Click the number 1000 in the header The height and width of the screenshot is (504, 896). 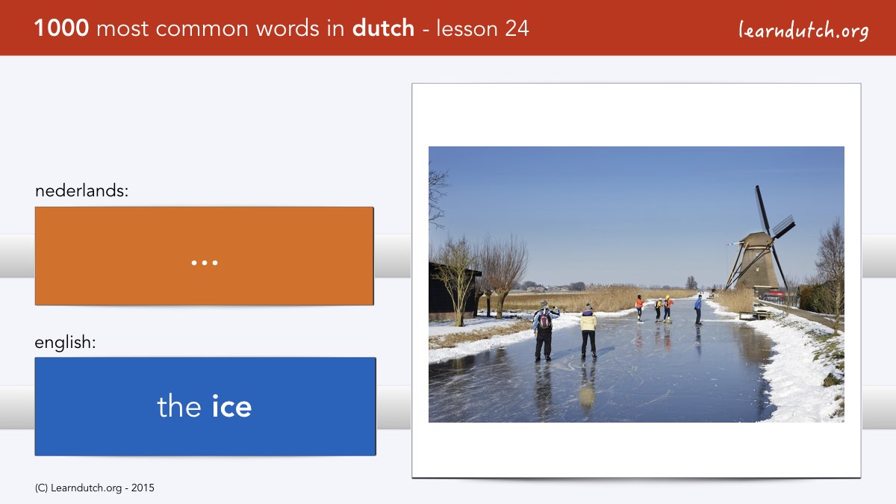(61, 28)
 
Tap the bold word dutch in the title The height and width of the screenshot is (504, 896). (383, 28)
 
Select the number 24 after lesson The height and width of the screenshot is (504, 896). (517, 28)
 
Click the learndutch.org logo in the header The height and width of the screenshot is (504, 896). (803, 31)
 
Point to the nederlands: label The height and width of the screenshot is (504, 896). (81, 190)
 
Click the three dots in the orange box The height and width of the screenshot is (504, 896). (205, 263)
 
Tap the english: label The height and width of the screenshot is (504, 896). (65, 343)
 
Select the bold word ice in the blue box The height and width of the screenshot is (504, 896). (231, 406)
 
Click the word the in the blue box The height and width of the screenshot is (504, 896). (178, 406)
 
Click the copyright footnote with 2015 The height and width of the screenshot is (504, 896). (94, 488)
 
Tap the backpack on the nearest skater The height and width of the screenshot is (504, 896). (544, 320)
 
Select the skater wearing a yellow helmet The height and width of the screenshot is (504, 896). (668, 309)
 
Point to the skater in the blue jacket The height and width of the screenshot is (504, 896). (698, 309)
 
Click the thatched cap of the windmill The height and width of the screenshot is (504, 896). (755, 237)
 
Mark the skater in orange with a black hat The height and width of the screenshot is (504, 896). (640, 308)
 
